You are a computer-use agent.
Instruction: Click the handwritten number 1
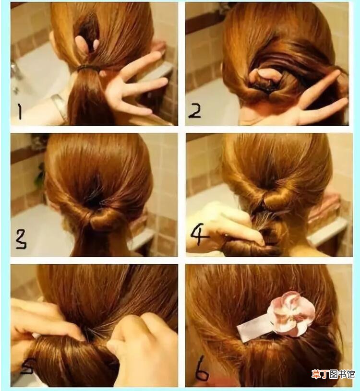pyautogui.click(x=20, y=111)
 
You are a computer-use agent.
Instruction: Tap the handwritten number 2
pyautogui.click(x=194, y=111)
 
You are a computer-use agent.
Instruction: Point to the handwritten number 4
pyautogui.click(x=199, y=235)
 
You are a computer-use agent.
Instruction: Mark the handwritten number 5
pyautogui.click(x=27, y=367)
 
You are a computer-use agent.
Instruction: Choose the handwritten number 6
pyautogui.click(x=202, y=368)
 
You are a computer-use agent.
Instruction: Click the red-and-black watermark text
pyautogui.click(x=333, y=374)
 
